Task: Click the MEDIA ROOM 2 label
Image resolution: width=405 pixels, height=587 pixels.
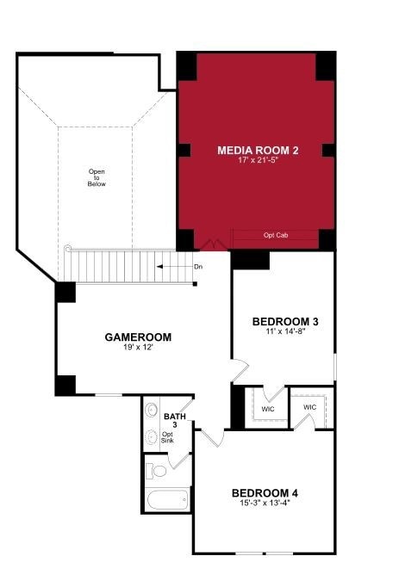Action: tap(257, 151)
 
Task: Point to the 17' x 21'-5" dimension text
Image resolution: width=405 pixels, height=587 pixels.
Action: tap(257, 162)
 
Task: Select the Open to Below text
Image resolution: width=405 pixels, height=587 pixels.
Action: tap(97, 177)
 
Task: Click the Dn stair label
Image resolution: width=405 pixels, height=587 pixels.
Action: tap(198, 267)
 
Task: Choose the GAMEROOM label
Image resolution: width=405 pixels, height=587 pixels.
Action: tap(138, 337)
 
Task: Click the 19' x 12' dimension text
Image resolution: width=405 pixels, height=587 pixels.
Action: tap(138, 349)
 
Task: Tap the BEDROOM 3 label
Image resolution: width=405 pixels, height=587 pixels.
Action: tap(285, 322)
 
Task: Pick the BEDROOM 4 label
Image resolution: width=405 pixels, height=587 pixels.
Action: tap(265, 493)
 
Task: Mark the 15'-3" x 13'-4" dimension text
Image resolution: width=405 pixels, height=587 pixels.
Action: tap(265, 504)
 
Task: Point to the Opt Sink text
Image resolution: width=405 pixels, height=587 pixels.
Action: tap(167, 437)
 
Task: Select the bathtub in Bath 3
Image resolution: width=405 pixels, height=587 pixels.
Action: tap(168, 499)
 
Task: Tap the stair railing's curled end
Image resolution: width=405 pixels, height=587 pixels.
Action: tap(67, 250)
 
